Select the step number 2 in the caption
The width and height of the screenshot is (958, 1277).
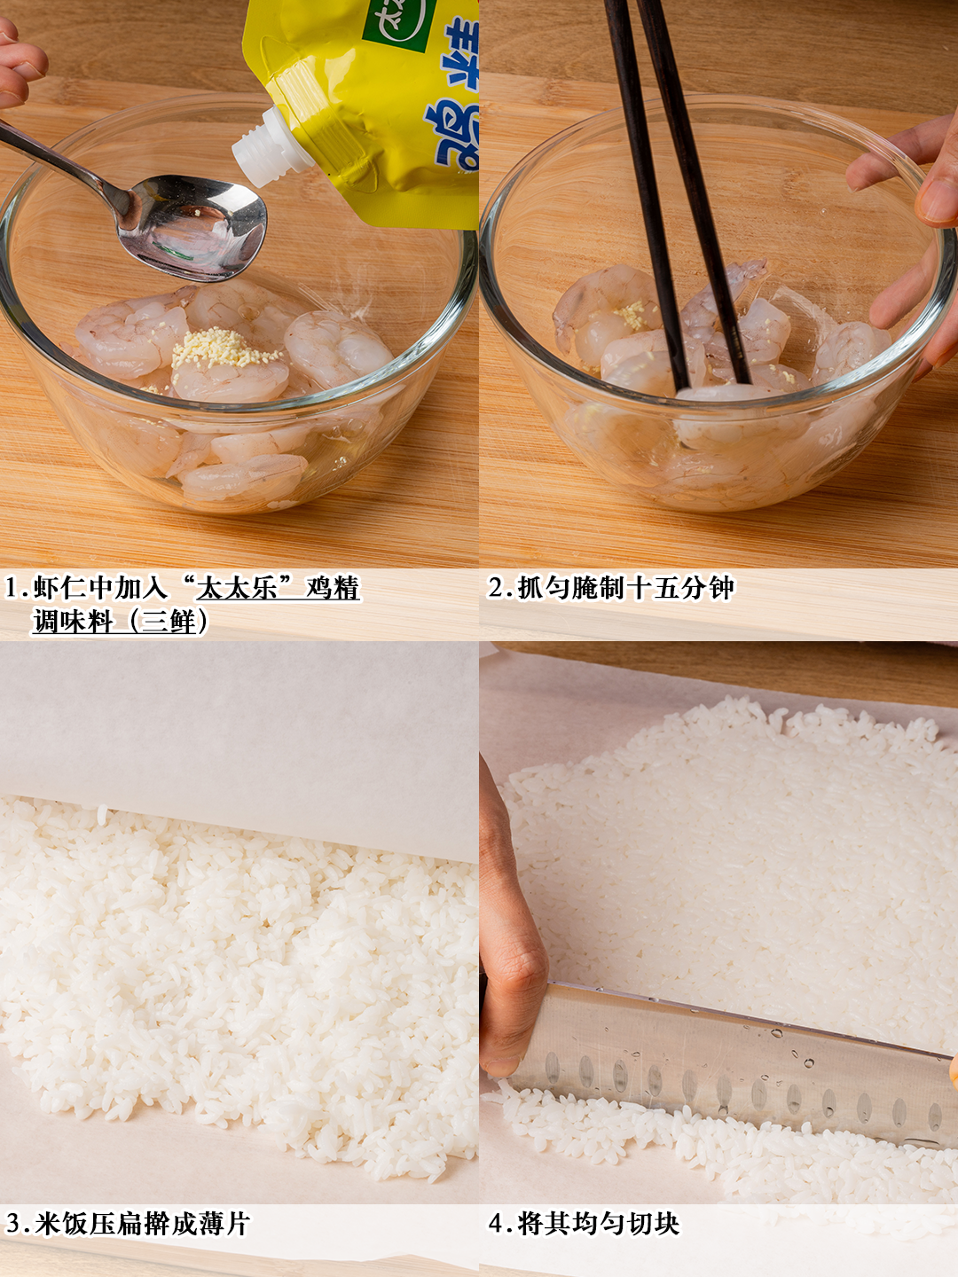(498, 588)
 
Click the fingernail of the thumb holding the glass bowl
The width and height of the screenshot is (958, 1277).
(937, 200)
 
